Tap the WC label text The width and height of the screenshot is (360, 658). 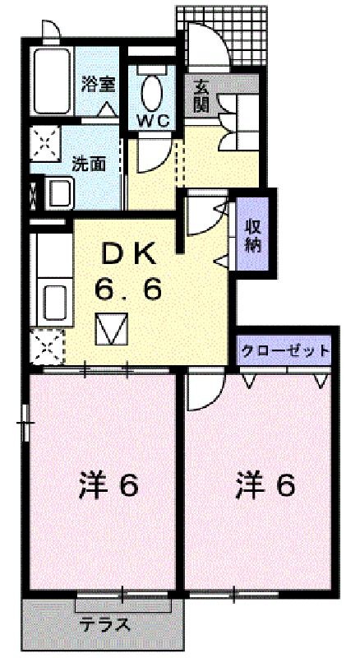pos(154,121)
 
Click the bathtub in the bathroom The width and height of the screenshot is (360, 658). pos(53,81)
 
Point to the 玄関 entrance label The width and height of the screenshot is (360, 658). pos(201,95)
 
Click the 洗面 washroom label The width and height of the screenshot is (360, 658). pos(89,163)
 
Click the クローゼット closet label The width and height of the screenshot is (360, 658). pos(284,350)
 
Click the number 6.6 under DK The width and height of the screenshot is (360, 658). pos(128,289)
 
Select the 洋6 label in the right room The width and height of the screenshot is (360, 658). pos(265,485)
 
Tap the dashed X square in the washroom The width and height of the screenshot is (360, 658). pos(45,143)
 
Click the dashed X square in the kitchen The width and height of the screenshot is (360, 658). pos(48,346)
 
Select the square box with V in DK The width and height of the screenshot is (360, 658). pos(111,328)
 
